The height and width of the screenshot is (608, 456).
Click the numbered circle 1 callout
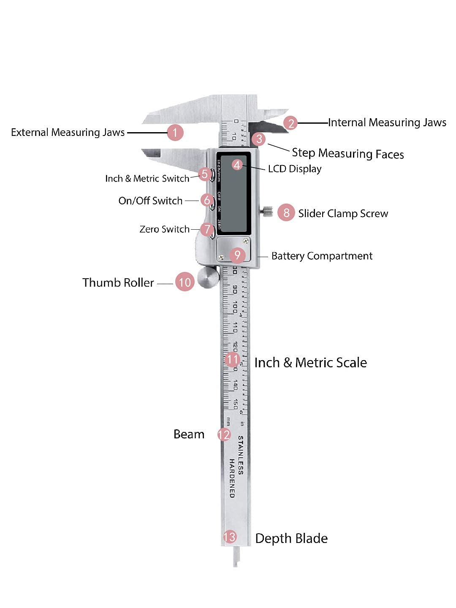175,133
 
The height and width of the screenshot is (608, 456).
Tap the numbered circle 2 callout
290,123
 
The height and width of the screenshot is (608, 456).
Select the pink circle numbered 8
286,213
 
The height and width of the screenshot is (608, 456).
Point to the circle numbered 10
185,282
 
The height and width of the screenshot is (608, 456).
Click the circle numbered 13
230,537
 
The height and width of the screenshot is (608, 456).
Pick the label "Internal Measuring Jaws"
387,122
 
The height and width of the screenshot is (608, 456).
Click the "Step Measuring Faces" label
347,153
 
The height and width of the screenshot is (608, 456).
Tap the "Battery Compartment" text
322,256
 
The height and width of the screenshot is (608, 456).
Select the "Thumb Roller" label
118,282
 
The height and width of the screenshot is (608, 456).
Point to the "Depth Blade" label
291,538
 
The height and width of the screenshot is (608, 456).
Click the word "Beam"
189,434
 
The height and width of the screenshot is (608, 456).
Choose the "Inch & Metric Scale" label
310,363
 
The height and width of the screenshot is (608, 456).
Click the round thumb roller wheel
208,277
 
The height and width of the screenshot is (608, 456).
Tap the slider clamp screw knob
267,210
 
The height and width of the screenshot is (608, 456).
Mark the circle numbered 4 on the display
237,165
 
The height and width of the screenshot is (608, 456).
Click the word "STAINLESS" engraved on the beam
240,455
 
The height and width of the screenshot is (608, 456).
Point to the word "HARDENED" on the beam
232,478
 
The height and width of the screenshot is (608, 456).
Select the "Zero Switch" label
164,229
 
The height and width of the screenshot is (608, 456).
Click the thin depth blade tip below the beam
235,557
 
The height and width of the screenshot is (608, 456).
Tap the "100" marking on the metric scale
234,307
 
